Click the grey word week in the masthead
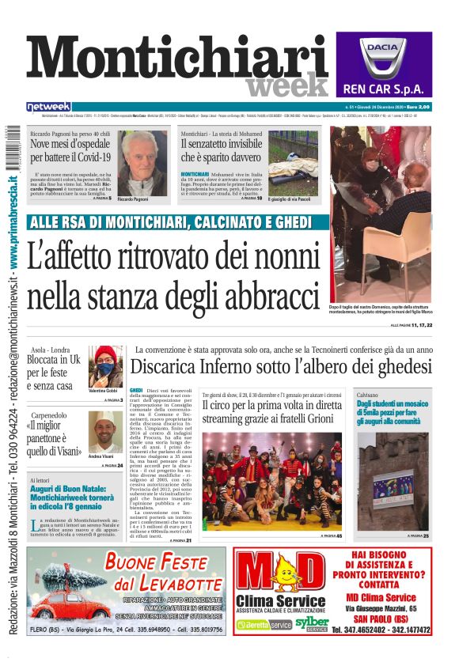point(286,85)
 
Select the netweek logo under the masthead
point(48,107)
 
